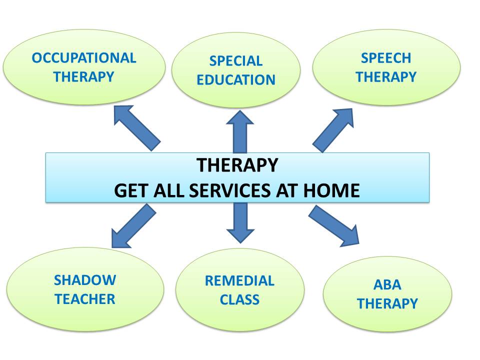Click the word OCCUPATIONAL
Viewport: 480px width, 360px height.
tap(84, 58)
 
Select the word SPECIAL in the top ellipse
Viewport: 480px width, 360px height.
tap(235, 61)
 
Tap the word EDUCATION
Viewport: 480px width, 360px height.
tap(235, 80)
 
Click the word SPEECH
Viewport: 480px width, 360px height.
tap(385, 58)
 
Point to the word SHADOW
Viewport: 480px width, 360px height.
tap(85, 280)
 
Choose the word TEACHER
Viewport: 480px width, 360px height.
tap(85, 299)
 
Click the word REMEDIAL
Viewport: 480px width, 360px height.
tap(239, 280)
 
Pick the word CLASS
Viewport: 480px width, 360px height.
tap(239, 299)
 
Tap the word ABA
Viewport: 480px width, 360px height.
tap(387, 284)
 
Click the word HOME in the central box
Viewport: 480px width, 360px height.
tap(331, 190)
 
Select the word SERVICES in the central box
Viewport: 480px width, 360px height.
tap(229, 190)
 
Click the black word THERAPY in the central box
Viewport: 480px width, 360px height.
tap(237, 165)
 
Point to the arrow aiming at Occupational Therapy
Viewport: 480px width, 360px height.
tap(137, 128)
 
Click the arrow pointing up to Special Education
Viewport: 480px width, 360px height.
tap(239, 132)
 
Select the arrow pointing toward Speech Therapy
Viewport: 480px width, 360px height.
tap(333, 130)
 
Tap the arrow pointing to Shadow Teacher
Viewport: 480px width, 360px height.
tap(134, 226)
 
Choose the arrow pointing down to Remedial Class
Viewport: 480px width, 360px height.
tap(240, 223)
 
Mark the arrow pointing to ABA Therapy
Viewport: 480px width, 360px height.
tap(333, 226)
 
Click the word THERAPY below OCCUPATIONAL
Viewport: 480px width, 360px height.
tap(83, 77)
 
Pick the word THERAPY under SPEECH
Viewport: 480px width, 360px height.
tap(385, 77)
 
